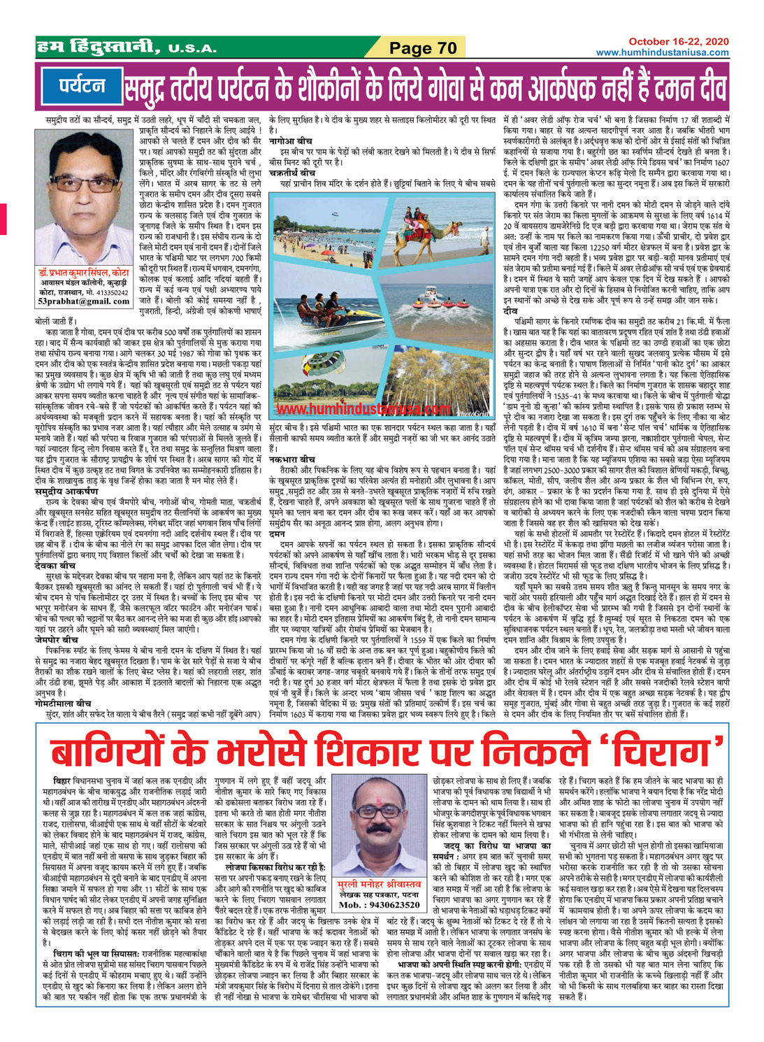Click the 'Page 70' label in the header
point(423,48)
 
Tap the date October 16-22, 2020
point(678,42)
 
